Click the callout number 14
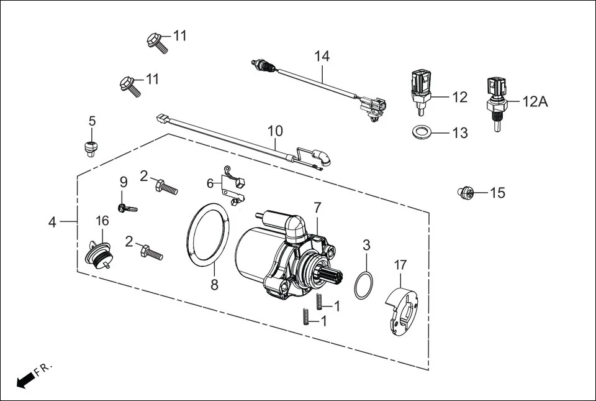click(x=322, y=56)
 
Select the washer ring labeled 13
click(x=423, y=132)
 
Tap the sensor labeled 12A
click(x=497, y=102)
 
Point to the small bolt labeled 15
click(x=466, y=193)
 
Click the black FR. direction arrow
click(x=24, y=380)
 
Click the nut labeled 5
click(x=90, y=147)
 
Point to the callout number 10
click(x=275, y=131)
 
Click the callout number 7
click(x=317, y=207)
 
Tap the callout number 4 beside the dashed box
click(x=53, y=222)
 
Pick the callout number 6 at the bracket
click(x=210, y=183)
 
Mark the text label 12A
click(x=535, y=102)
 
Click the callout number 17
click(x=400, y=264)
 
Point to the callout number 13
click(x=459, y=133)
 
